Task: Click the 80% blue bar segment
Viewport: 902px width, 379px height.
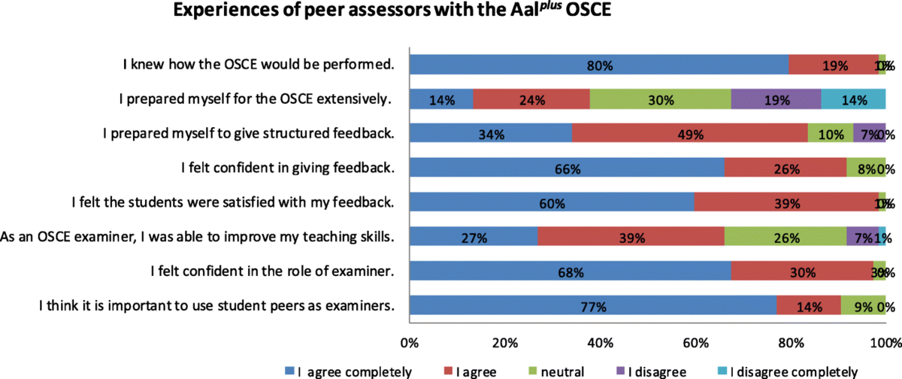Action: (x=599, y=65)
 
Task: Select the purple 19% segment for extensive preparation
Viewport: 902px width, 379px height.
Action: (x=776, y=99)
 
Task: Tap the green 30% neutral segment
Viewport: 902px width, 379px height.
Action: (x=660, y=99)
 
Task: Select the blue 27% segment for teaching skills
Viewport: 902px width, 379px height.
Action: (x=474, y=237)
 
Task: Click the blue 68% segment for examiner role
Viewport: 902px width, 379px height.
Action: (x=570, y=271)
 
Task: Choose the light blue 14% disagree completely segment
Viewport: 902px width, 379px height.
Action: (x=853, y=99)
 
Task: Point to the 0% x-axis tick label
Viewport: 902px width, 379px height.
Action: (x=410, y=344)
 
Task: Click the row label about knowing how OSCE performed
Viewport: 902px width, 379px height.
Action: (x=259, y=65)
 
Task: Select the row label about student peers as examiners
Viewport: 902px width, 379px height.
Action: (x=216, y=306)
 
